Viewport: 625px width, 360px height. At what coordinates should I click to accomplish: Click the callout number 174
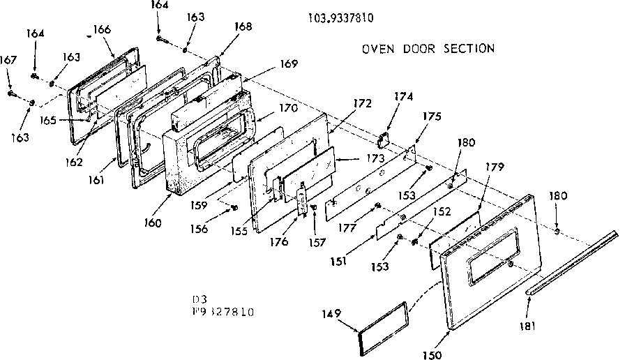click(x=404, y=96)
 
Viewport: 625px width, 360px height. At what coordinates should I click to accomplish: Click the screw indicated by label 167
click(x=12, y=92)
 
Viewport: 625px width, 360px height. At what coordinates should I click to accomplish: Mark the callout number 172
click(x=362, y=103)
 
